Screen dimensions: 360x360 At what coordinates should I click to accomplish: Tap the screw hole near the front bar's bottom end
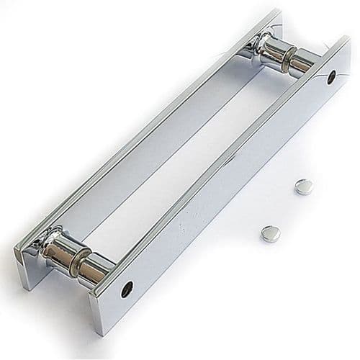click(127, 289)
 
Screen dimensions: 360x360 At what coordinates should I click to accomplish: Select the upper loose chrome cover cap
click(305, 187)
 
